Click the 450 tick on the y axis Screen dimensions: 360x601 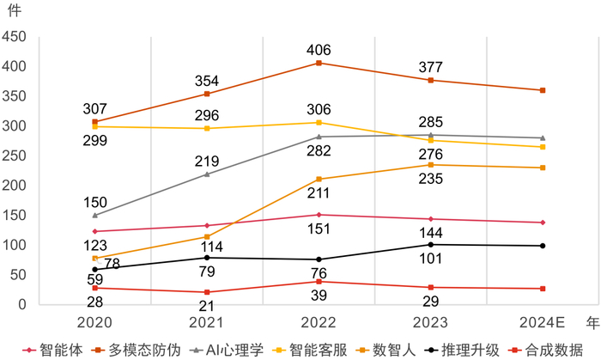coord(15,37)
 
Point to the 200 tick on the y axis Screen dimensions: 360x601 coord(15,186)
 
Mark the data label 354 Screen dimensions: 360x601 coord(206,80)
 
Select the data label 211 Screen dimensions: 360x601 coord(318,194)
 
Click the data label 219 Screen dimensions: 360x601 coord(206,161)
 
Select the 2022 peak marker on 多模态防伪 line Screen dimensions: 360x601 coord(319,63)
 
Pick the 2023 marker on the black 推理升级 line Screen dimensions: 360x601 coord(430,245)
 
